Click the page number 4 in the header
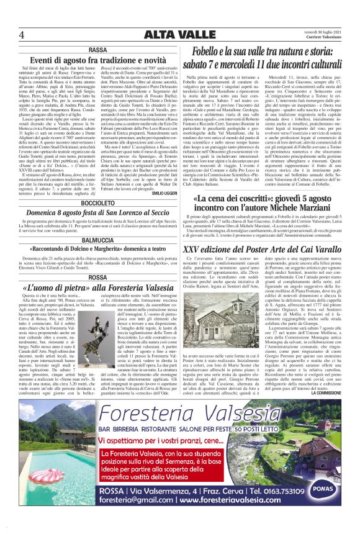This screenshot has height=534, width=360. tap(22, 34)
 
